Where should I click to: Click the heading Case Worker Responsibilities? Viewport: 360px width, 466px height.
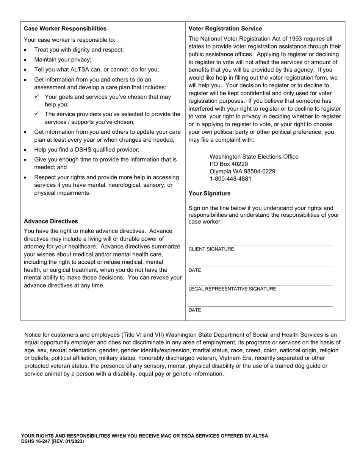[65, 28]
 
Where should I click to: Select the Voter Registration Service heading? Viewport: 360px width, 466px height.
[225, 28]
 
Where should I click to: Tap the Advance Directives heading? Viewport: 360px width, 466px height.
[51, 221]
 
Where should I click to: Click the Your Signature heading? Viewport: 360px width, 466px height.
[209, 193]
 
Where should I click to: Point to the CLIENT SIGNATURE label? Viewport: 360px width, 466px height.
[211, 249]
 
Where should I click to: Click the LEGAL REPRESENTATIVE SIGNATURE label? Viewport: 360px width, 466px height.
[232, 289]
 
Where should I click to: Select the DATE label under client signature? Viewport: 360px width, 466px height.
[195, 270]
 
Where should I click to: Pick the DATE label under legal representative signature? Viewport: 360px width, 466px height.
[195, 310]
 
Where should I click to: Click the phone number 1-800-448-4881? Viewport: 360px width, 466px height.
[230, 179]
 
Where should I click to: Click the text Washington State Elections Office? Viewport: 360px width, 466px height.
[254, 156]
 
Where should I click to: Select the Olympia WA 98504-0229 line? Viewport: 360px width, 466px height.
[243, 171]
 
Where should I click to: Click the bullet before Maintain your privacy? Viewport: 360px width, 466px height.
[25, 60]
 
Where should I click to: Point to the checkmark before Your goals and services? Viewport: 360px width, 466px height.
[37, 97]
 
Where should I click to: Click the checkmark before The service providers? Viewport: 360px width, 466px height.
[37, 114]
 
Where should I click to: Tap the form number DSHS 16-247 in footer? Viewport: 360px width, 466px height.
[38, 441]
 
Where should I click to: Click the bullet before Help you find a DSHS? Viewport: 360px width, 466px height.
[25, 150]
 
